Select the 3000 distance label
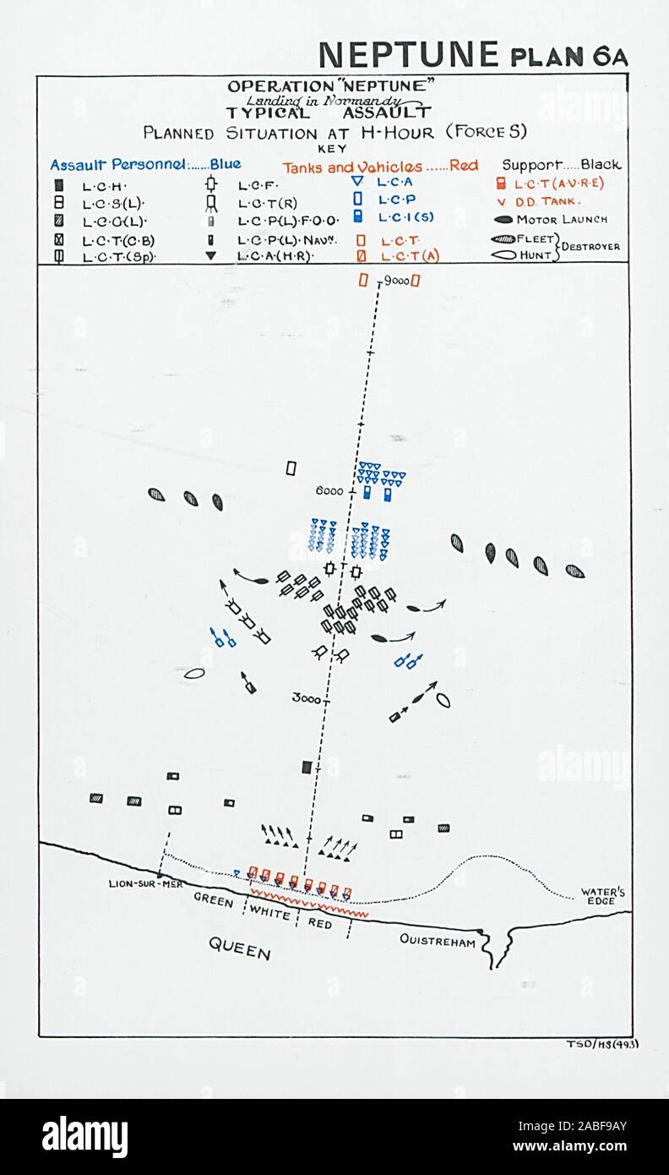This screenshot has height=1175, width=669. [306, 698]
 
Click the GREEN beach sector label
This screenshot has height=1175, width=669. [214, 901]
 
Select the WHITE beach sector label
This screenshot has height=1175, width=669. [270, 914]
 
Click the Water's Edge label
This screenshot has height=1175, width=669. [603, 897]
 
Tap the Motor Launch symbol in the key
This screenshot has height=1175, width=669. [504, 220]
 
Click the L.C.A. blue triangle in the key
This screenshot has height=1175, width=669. [356, 182]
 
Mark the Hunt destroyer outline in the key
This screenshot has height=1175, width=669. [503, 255]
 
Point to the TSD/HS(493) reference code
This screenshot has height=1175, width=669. [602, 1043]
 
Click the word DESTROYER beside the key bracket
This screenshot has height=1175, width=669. [593, 247]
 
